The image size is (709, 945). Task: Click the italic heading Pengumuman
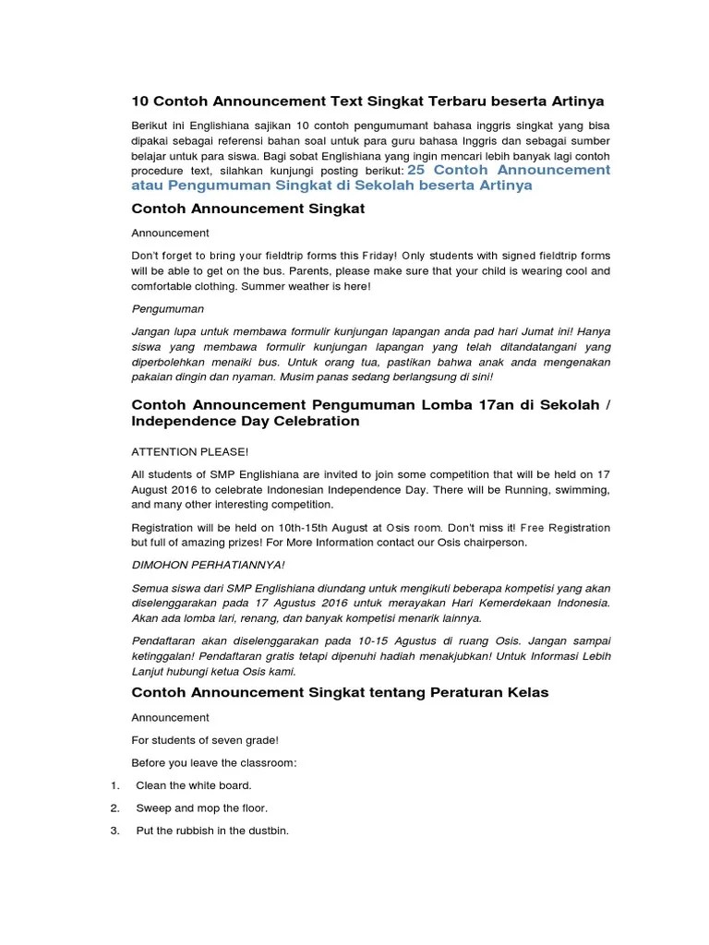pos(168,308)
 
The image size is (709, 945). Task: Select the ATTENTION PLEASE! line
pos(190,452)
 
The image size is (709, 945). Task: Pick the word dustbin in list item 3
pos(268,831)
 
